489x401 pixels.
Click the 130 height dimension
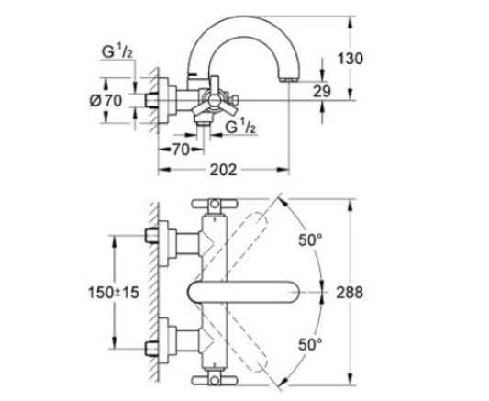(350, 59)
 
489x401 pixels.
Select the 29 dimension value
(321, 92)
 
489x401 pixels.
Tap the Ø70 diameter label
(106, 100)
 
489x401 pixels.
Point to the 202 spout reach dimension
(223, 170)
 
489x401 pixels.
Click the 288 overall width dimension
(350, 293)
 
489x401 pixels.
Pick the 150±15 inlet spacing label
(114, 293)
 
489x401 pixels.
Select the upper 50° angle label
(310, 240)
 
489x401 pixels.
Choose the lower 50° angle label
(310, 344)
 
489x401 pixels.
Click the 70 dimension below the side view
(181, 150)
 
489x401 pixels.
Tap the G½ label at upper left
(117, 52)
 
